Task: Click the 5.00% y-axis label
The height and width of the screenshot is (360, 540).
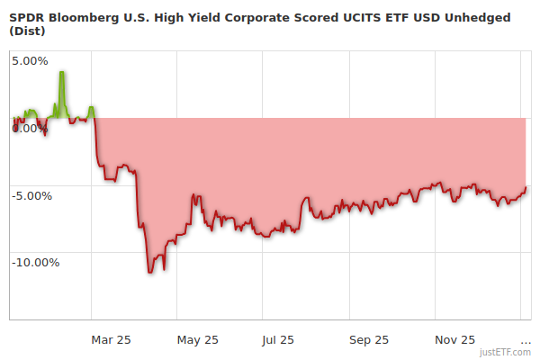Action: coord(29,61)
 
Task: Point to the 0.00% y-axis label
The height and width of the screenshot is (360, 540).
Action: coord(29,129)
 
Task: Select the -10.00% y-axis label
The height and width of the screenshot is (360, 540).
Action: coord(34,263)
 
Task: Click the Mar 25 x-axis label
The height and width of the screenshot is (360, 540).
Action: coord(111,339)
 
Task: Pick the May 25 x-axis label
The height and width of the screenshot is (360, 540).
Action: coord(198,339)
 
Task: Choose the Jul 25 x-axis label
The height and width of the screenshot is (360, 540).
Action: coord(277,339)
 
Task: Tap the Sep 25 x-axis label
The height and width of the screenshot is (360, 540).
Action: coord(368,339)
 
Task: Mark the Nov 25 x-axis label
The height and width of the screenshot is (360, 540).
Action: coord(454,339)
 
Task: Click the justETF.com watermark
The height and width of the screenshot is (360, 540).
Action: coord(505,352)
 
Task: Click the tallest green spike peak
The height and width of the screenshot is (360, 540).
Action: coord(61,72)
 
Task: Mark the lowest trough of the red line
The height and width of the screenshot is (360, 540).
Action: coord(151,272)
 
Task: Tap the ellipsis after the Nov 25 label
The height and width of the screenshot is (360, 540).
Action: coord(526,341)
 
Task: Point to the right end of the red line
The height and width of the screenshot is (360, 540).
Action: coord(526,187)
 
